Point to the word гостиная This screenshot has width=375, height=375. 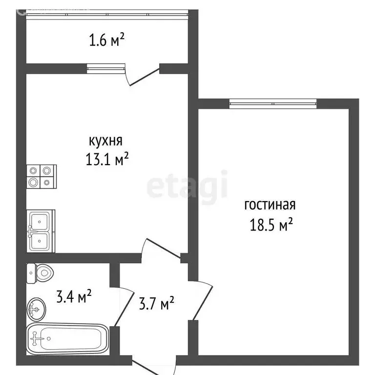coord(270,205)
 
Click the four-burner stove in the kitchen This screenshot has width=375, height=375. coord(41,176)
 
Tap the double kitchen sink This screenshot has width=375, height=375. coord(41,230)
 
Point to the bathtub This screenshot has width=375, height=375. coord(67,337)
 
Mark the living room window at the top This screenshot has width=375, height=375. coord(272,103)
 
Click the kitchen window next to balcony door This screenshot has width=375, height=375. coord(106,68)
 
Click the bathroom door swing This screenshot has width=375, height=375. coord(125,308)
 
